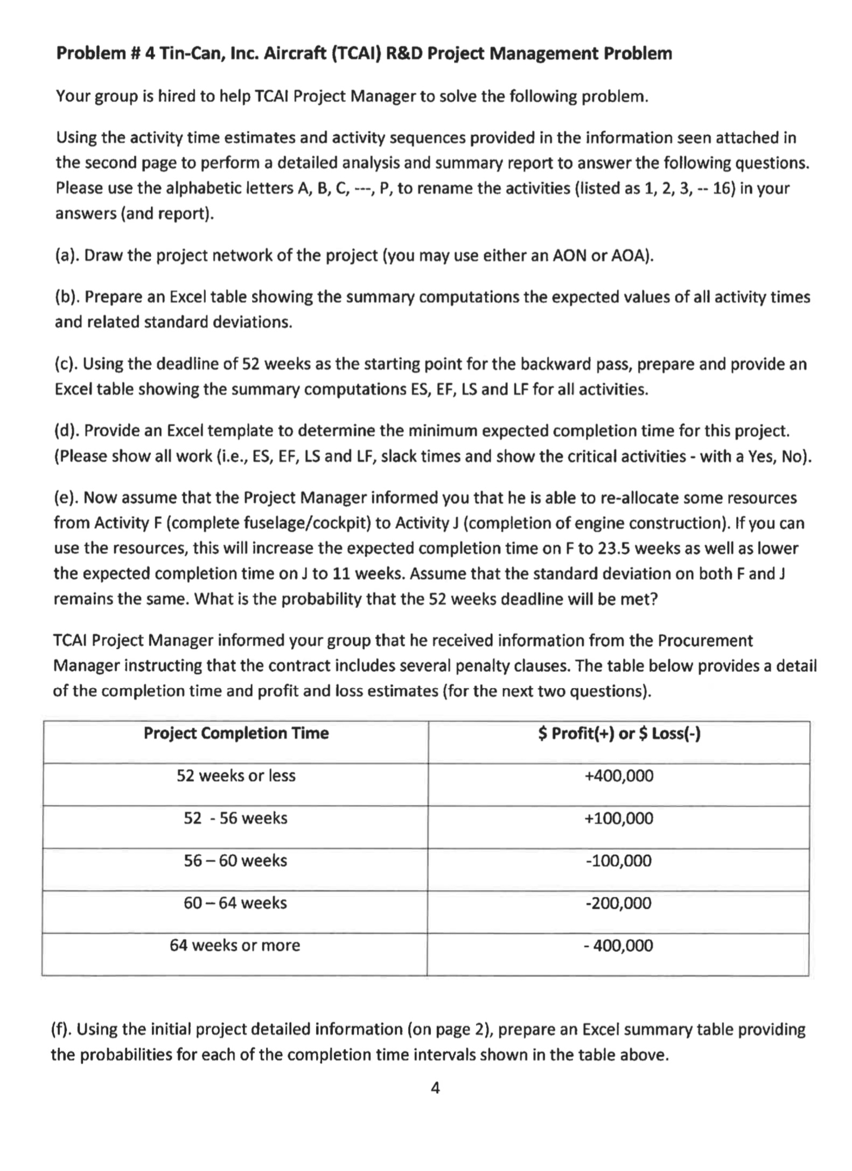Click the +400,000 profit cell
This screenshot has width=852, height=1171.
tap(619, 775)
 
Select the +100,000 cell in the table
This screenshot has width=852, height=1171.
tap(619, 818)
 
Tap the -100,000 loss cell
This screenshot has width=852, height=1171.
tap(619, 861)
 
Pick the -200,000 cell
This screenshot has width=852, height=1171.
tap(619, 903)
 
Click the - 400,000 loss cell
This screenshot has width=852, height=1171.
tap(619, 945)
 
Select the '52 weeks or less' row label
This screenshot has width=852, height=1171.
tap(236, 775)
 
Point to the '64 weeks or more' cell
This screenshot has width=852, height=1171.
tap(235, 945)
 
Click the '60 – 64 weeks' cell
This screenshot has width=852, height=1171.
tap(235, 903)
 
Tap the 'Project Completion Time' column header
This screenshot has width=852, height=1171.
tap(236, 733)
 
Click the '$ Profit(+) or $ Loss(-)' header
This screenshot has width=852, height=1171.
tap(619, 733)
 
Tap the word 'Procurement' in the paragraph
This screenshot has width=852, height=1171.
tap(706, 640)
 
